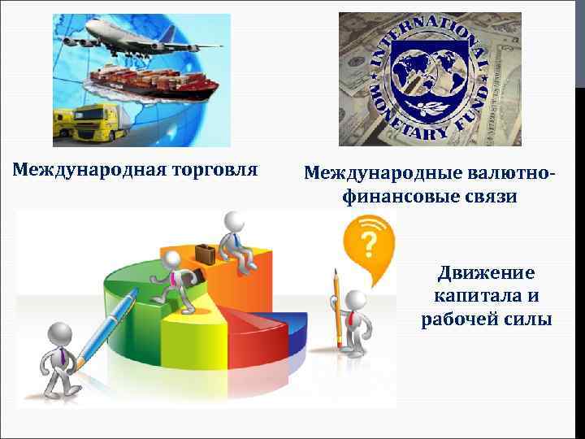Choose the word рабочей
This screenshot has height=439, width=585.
456,319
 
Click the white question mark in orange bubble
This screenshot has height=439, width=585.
368,241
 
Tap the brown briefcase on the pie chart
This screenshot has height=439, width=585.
206,253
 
